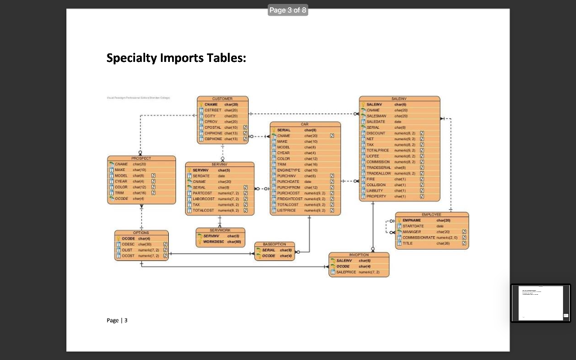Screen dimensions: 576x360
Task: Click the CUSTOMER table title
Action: coord(222,99)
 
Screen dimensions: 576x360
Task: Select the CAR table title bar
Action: coord(305,123)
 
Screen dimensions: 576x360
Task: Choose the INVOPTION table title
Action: coord(359,255)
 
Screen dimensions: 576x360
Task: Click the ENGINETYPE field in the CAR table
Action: coord(290,169)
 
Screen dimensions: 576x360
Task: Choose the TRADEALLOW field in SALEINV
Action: coord(385,174)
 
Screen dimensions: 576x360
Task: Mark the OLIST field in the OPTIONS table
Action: coord(127,249)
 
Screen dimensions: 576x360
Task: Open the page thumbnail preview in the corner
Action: coord(541,303)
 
